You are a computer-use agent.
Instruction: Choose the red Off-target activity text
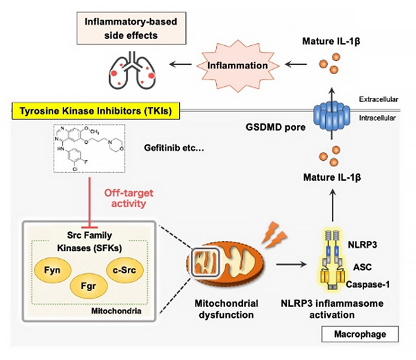coord(125,197)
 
